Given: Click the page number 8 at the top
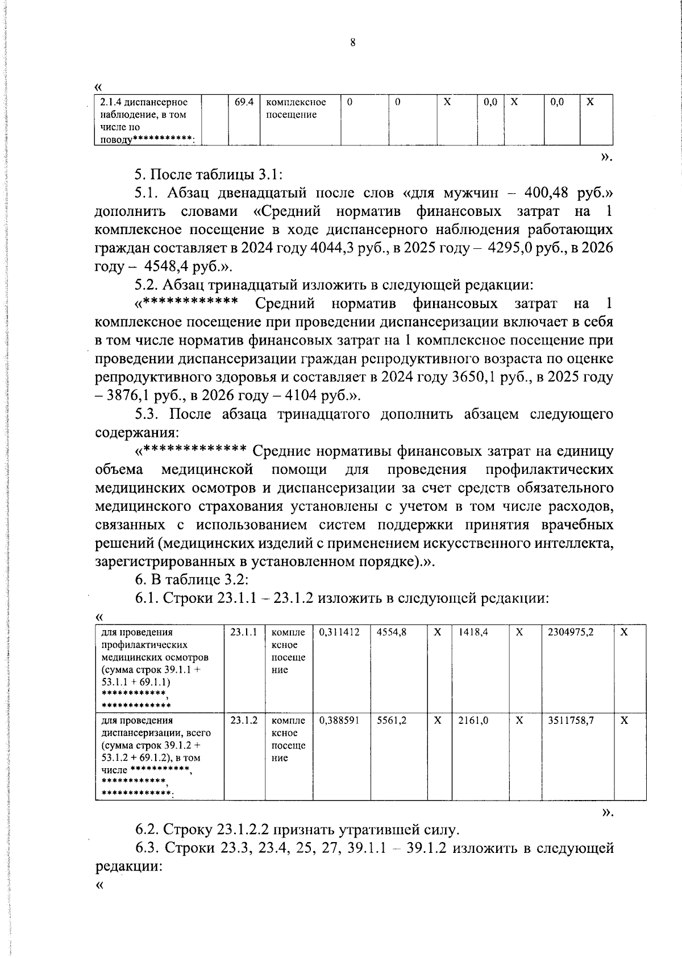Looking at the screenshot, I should point(353,43).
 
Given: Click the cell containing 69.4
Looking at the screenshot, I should point(244,102).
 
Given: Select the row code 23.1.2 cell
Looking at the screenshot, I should point(244,720).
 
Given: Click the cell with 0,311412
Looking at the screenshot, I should point(339,632).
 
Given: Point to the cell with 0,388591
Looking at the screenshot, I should point(339,720).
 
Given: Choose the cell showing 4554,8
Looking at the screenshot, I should point(392,632).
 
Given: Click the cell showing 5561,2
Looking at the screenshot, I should point(392,720).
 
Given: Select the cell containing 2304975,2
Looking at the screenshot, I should point(571,632).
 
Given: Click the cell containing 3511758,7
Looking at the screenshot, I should point(571,720).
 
